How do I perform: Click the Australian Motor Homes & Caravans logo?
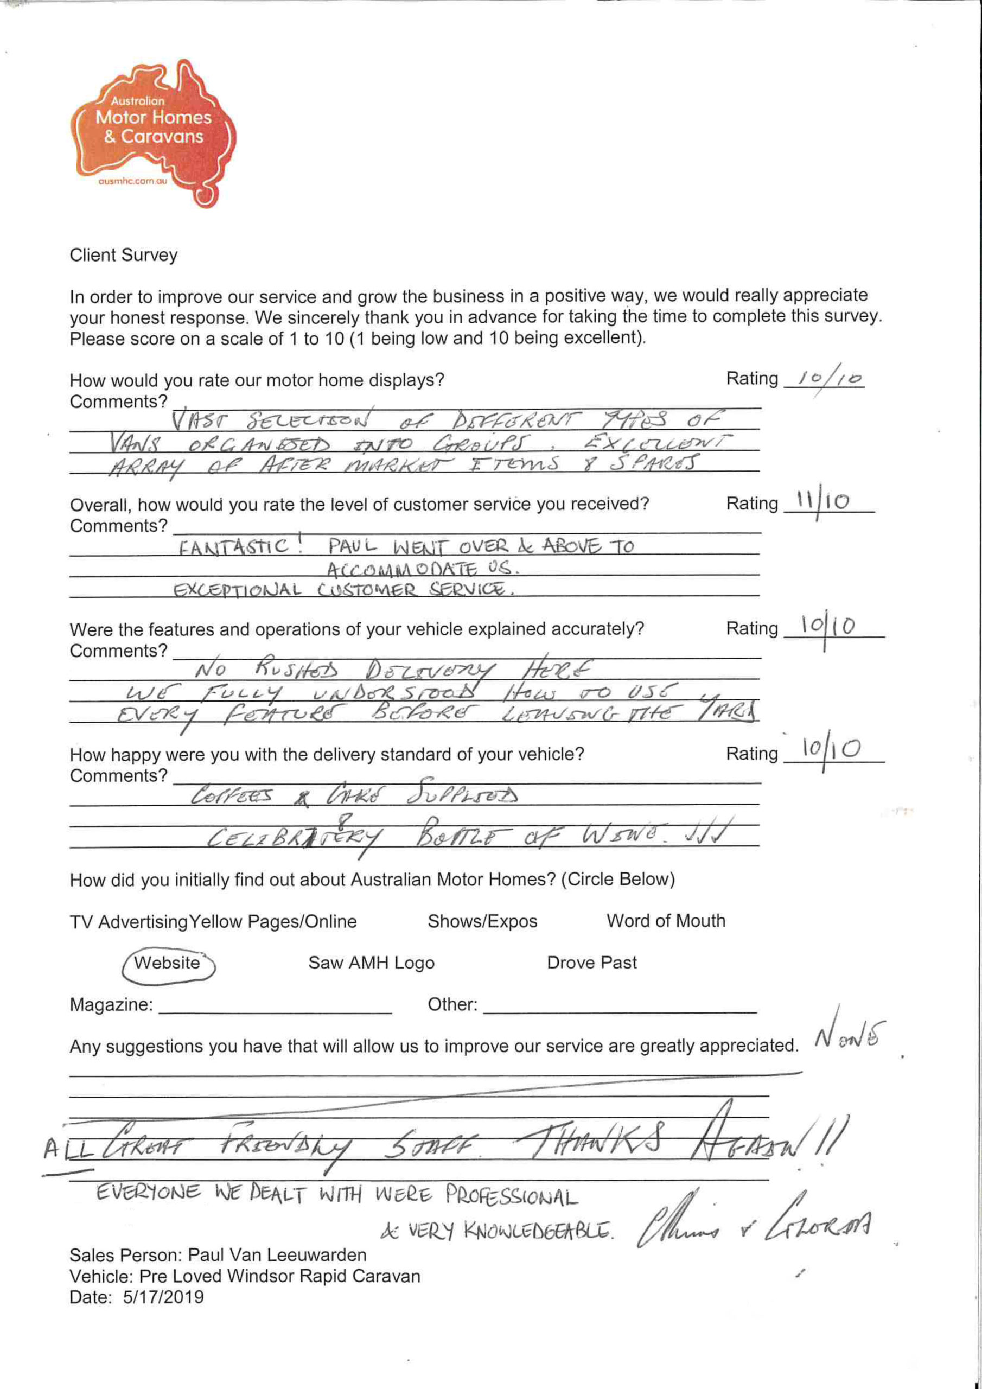pos(154,130)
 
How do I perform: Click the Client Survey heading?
pos(124,256)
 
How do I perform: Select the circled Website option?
pos(168,963)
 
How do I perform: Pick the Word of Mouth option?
pos(666,921)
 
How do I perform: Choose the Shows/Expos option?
pos(482,921)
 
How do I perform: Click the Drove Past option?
pos(591,963)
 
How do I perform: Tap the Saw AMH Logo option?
pos(371,963)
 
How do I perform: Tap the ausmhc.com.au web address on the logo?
pos(132,181)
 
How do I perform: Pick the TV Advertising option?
pos(128,922)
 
